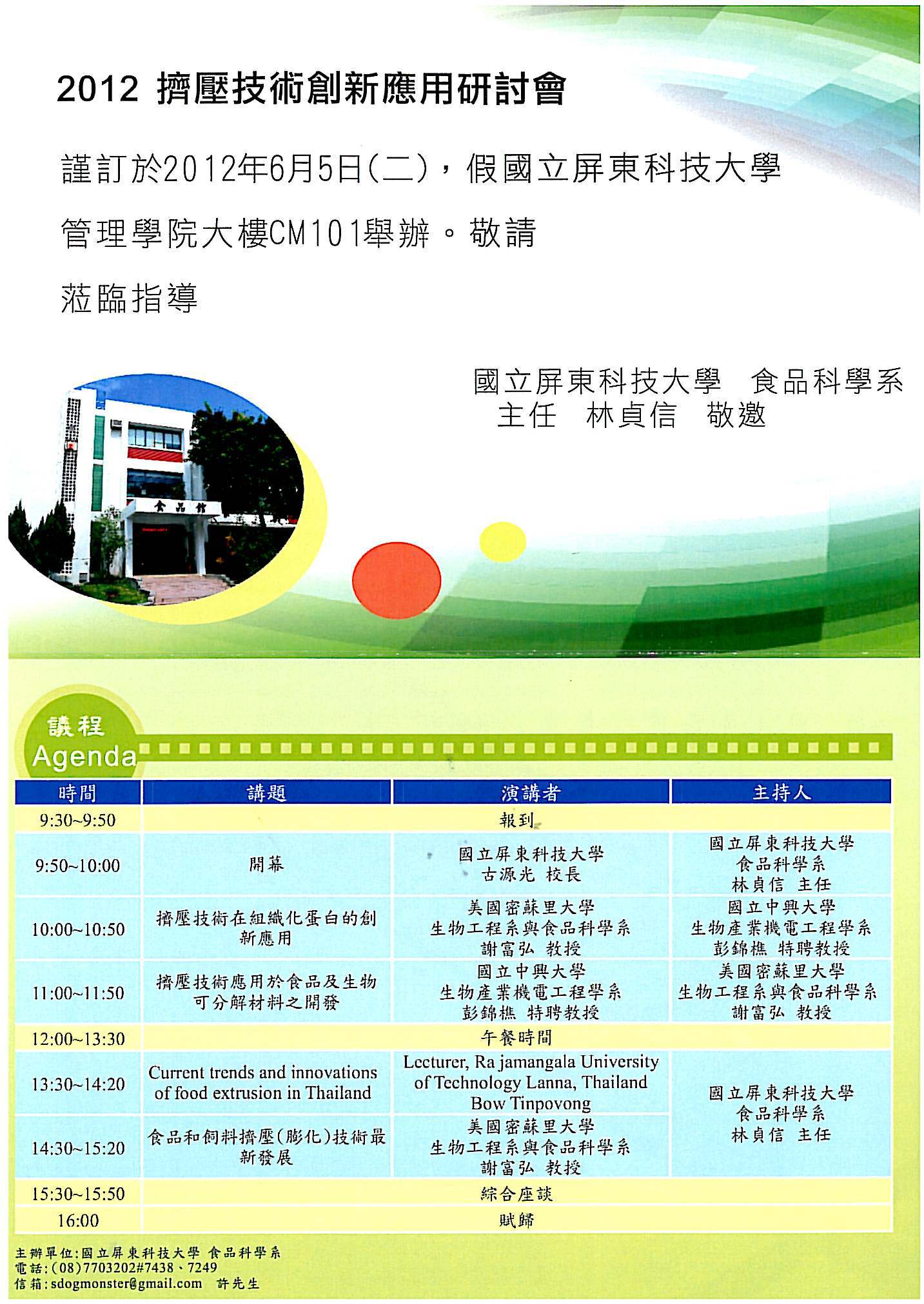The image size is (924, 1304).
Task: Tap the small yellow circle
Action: [503, 542]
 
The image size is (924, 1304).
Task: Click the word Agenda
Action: [84, 755]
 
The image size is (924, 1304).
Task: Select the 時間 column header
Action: [77, 792]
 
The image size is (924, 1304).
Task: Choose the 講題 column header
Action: [266, 792]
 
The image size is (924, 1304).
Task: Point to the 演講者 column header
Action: [531, 792]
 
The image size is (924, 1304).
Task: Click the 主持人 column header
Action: [781, 792]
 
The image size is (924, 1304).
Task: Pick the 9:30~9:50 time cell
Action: [77, 820]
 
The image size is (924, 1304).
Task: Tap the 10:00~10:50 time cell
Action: [78, 929]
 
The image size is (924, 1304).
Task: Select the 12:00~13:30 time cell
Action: [78, 1038]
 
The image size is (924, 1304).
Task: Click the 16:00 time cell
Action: [78, 1220]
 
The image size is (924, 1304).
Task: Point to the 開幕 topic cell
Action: [266, 864]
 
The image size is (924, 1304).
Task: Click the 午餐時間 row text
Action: [516, 1038]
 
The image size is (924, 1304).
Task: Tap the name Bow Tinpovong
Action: [531, 1103]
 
